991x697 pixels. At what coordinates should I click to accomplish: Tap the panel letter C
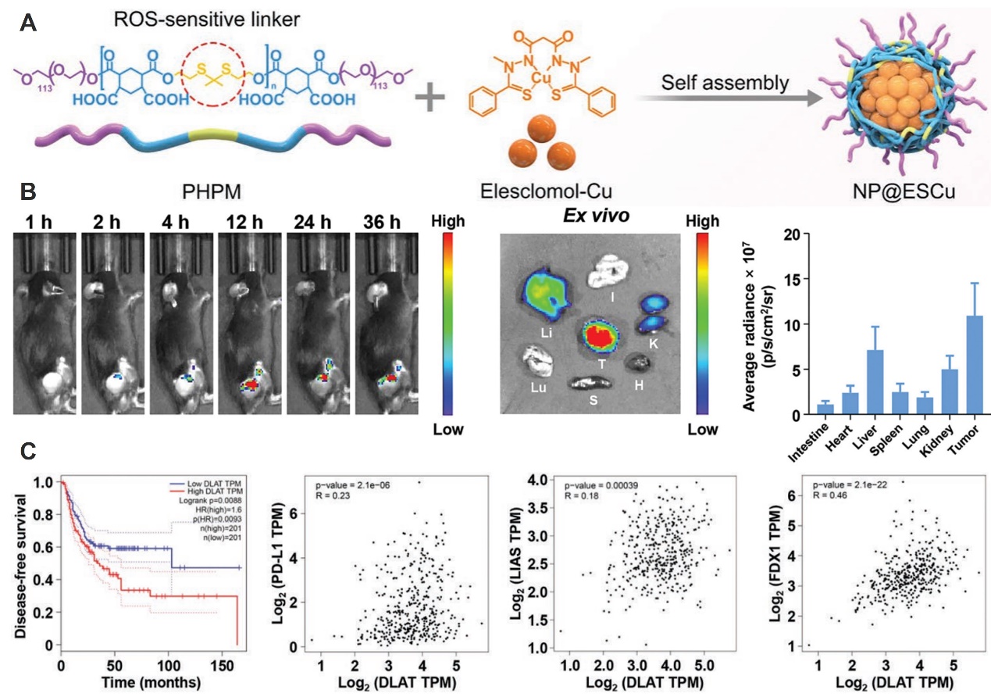[27, 451]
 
